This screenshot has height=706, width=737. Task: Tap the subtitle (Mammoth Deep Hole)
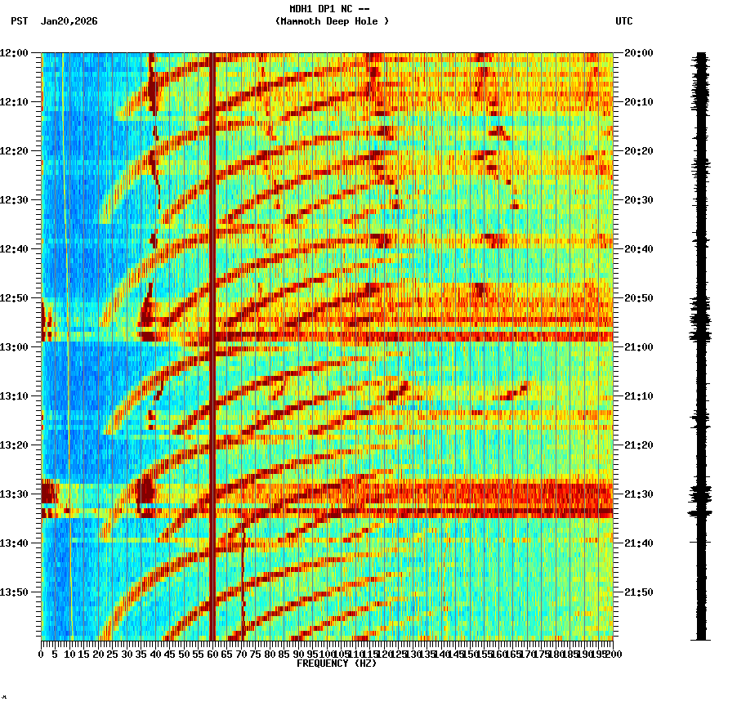point(332,21)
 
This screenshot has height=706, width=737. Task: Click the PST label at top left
point(19,21)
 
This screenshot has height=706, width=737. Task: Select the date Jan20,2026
point(69,21)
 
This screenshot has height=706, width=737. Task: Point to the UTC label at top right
point(623,21)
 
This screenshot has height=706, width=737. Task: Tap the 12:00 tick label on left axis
point(14,53)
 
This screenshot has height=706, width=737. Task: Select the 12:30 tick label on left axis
point(14,200)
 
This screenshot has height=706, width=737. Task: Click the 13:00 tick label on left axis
point(14,347)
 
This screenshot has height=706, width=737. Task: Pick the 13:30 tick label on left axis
point(14,494)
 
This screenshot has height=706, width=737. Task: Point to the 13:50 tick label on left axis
point(14,592)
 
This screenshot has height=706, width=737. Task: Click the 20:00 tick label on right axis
point(638,53)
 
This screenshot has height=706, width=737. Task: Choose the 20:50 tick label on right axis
point(638,298)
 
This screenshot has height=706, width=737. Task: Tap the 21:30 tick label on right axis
point(638,494)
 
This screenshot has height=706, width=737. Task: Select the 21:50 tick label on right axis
point(638,592)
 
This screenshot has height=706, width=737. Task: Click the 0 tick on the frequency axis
point(42,654)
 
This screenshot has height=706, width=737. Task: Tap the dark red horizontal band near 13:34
point(327,513)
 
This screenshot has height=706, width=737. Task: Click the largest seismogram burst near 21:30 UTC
point(700,494)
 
